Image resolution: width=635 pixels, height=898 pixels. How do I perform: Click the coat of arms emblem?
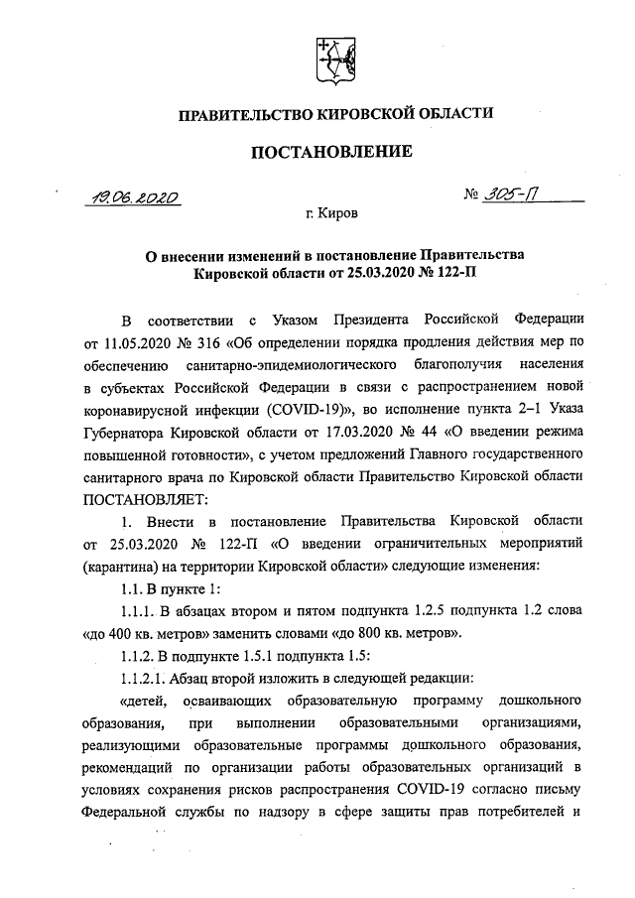pyautogui.click(x=334, y=61)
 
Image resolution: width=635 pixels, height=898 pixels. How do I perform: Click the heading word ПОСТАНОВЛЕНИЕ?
pyautogui.click(x=333, y=153)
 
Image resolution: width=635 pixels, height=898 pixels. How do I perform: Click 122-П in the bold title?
pyautogui.click(x=457, y=271)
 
